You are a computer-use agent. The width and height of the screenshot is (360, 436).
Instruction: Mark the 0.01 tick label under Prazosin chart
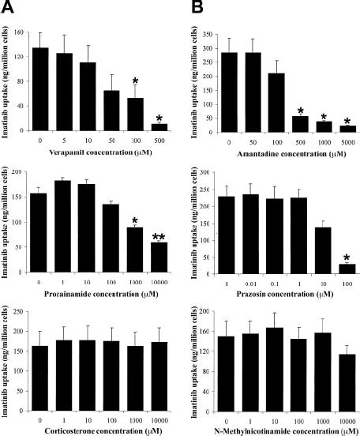(255, 283)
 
